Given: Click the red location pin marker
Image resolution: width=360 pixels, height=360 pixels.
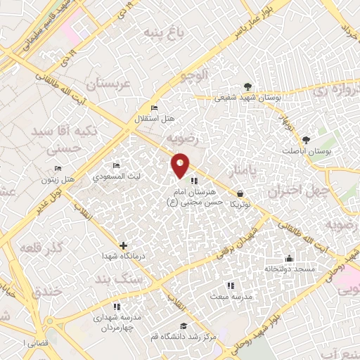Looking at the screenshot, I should tap(181, 165).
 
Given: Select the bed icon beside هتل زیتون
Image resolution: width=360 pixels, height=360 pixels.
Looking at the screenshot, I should tap(58, 168).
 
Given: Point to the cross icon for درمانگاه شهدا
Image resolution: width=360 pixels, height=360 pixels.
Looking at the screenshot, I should tap(124, 245).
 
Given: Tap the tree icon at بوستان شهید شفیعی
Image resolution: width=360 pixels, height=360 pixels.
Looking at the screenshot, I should tap(247, 87).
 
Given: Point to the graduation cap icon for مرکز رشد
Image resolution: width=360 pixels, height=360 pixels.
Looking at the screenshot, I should tap(184, 326).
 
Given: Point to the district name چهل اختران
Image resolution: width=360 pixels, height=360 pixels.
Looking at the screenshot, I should tap(295, 191).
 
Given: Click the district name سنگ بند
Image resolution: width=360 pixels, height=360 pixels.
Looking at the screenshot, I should tap(141, 278).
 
